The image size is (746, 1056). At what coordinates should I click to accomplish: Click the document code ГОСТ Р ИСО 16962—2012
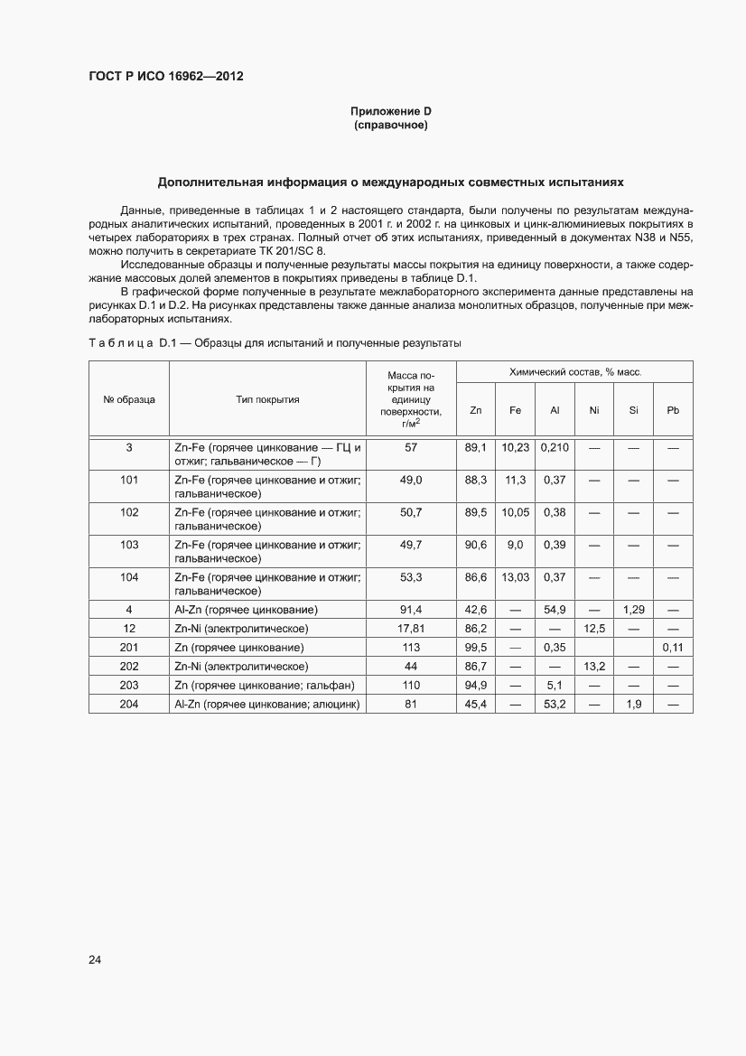click(x=166, y=76)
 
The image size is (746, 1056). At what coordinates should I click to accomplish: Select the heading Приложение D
click(x=390, y=111)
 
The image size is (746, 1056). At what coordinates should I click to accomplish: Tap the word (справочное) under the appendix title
click(x=390, y=125)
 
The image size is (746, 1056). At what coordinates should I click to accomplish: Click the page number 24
click(x=95, y=959)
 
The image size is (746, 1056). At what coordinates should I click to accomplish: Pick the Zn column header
click(x=476, y=410)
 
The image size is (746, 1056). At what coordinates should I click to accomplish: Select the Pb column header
click(x=672, y=410)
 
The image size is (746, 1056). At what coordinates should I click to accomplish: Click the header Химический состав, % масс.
click(x=574, y=372)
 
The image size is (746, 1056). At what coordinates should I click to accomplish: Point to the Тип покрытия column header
click(x=268, y=398)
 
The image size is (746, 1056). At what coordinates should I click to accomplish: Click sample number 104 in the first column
click(x=129, y=576)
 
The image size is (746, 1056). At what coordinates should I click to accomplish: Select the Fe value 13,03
click(x=515, y=576)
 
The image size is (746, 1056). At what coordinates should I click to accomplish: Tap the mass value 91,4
click(x=411, y=610)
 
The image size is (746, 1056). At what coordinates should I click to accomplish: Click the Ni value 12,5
click(x=594, y=628)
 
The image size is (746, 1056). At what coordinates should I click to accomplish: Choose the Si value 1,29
click(x=633, y=610)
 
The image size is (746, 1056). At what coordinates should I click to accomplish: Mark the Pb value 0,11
click(x=672, y=647)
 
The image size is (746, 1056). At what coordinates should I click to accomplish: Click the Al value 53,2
click(x=555, y=704)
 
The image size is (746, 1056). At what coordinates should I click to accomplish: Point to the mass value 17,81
click(x=411, y=628)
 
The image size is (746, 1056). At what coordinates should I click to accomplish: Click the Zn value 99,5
click(x=476, y=647)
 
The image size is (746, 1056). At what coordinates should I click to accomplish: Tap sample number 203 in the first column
click(x=129, y=685)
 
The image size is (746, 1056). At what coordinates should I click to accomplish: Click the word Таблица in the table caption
click(x=120, y=343)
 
